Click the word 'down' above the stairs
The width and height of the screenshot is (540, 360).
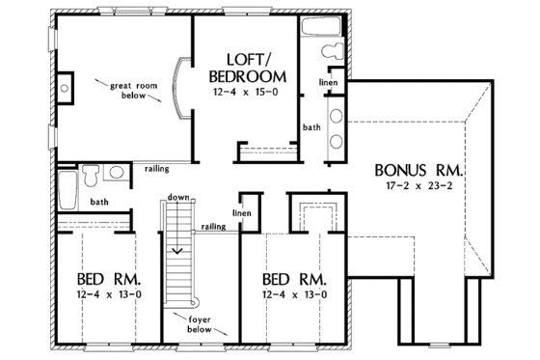tap(176, 196)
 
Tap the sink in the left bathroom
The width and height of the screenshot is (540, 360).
tap(115, 174)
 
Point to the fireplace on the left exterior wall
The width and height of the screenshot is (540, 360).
tap(64, 89)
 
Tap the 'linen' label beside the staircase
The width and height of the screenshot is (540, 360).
tap(243, 212)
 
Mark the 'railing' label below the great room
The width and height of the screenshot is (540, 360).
tap(155, 166)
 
